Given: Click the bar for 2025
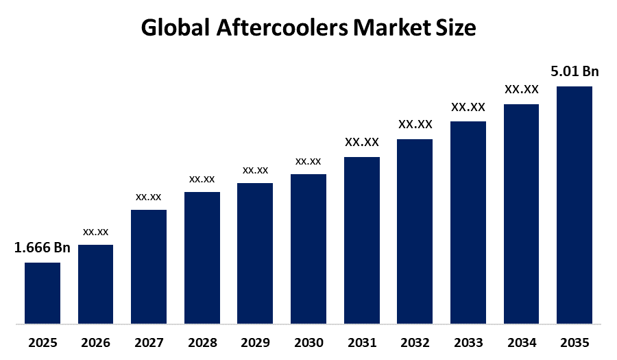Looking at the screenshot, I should coord(43,293).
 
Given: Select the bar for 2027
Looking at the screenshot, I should coord(149,266).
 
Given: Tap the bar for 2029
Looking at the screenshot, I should coord(255,253).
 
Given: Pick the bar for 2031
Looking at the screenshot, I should coord(361,240).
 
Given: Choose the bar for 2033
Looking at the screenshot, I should coord(468,222).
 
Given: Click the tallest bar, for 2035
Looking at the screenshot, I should coord(574,205).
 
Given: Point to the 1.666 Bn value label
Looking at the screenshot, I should coord(43,248).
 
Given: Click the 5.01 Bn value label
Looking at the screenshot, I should coord(574,71).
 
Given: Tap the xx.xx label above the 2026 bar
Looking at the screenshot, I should coord(95,232).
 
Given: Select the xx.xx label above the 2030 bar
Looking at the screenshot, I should coord(308,161).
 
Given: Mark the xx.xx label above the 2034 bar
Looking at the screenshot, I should coord(521,89).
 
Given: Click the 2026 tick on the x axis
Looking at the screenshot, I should coord(95,341).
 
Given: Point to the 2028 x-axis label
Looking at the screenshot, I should coord(202,341).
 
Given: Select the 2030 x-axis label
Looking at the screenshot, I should coord(308,341).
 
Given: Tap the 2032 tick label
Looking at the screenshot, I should coord(415,341).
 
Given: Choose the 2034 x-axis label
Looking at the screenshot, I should coord(521,341).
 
